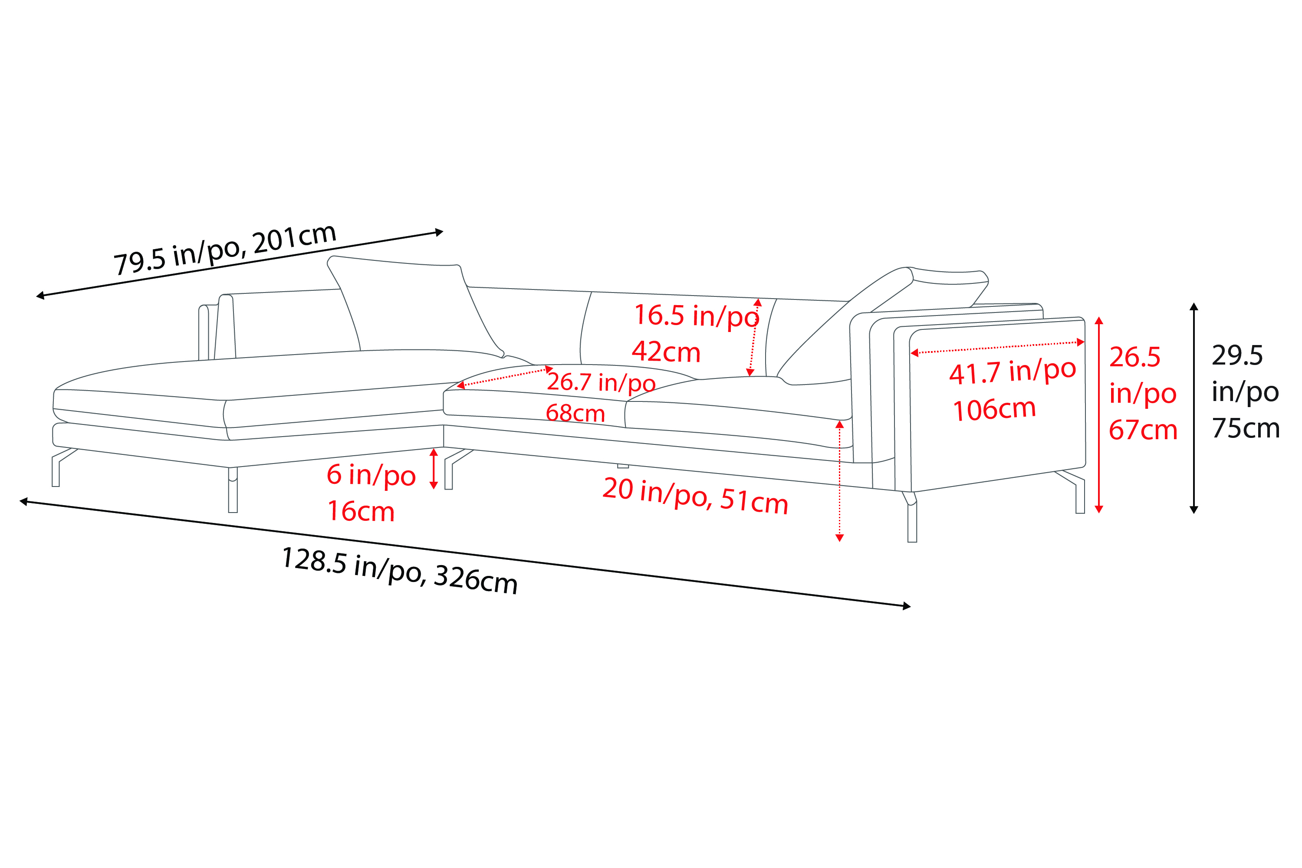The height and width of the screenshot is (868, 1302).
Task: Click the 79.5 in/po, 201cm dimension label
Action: pyautogui.click(x=225, y=249)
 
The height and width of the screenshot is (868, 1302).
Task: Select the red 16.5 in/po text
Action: pyautogui.click(x=697, y=316)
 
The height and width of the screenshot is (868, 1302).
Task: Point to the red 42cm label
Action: pyautogui.click(x=666, y=352)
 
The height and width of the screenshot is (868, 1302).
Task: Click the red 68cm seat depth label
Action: pyautogui.click(x=575, y=413)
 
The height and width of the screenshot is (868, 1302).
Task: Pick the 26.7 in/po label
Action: pyautogui.click(x=601, y=382)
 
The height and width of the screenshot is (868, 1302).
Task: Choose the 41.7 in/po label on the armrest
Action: pyautogui.click(x=1013, y=372)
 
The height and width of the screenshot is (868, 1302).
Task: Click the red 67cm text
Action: pyautogui.click(x=1143, y=430)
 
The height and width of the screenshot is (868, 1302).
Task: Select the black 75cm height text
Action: pyautogui.click(x=1246, y=428)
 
